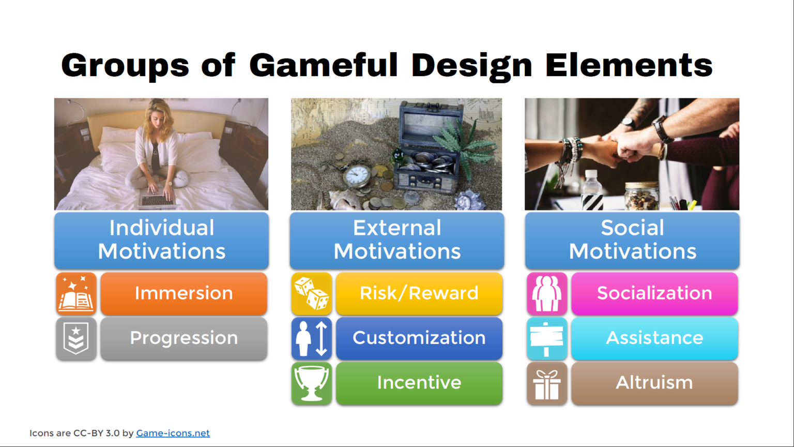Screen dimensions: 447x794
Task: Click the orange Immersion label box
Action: [x=184, y=293]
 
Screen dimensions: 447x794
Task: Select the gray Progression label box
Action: [x=184, y=338]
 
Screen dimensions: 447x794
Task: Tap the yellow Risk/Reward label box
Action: [x=419, y=293]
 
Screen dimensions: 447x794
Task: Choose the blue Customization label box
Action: [x=419, y=338]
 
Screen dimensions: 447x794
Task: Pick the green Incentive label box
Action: [x=419, y=383]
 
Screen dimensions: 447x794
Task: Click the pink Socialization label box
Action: [x=654, y=293]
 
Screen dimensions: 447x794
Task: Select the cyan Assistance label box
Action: [x=654, y=338]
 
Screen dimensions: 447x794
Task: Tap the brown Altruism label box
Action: [x=654, y=383]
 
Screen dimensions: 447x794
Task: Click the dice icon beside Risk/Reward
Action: [x=311, y=293]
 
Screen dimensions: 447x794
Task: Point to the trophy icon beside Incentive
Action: [x=311, y=383]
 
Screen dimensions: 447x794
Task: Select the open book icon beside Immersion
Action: [x=76, y=293]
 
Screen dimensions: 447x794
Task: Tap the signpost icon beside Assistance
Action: [x=547, y=338]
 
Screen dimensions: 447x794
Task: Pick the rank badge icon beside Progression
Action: [x=76, y=338]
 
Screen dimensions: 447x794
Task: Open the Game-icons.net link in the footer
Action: [x=173, y=433]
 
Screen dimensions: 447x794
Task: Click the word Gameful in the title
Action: [x=324, y=65]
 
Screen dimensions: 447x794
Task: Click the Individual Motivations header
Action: [x=161, y=240]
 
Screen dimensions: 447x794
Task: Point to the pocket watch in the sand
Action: [x=357, y=176]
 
